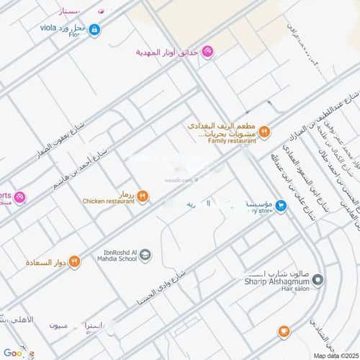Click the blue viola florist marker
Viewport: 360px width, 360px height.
click(x=94, y=30)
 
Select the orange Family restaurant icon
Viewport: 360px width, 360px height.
click(x=265, y=131)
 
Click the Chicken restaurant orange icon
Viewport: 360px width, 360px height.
click(x=143, y=195)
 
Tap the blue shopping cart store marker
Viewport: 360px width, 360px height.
click(x=282, y=206)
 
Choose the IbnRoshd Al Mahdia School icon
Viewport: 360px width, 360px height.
click(x=145, y=255)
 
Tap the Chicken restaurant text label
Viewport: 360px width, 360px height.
click(x=108, y=201)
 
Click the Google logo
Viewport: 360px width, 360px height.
click(x=18, y=352)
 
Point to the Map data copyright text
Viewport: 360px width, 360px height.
click(x=334, y=355)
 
